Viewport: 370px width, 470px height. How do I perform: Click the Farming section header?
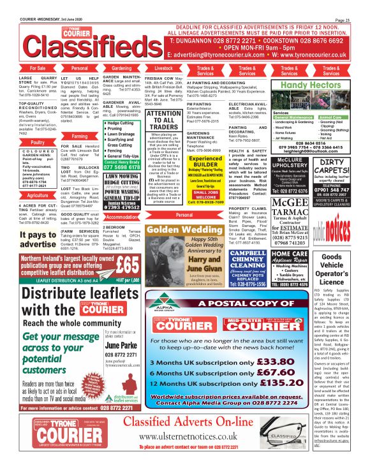(x=80, y=136)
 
